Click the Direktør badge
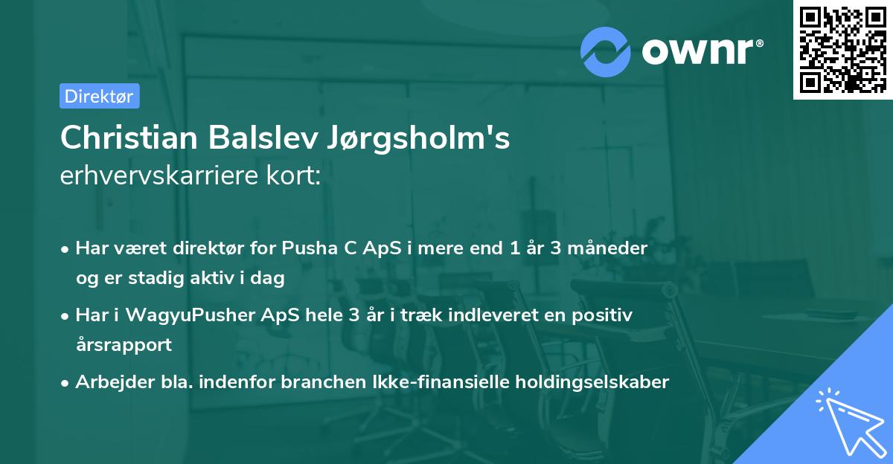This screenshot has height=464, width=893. (99, 96)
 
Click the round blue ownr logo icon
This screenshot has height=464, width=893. (606, 51)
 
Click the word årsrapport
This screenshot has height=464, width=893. (124, 345)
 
